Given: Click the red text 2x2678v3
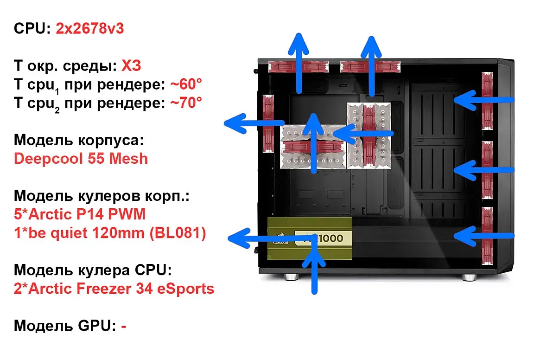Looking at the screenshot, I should [x=89, y=29].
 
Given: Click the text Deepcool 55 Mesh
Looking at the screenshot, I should [x=81, y=159].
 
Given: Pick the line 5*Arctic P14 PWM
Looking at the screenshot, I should [x=79, y=214].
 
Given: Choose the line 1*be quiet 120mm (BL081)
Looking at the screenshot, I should [x=110, y=233].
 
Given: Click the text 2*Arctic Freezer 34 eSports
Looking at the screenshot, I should [x=114, y=289].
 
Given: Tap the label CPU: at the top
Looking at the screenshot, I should [x=32, y=29].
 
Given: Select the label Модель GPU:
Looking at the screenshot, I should [x=64, y=326].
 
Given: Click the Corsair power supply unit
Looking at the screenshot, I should [x=310, y=239].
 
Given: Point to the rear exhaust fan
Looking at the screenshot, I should [x=268, y=123].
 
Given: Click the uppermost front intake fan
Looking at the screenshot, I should [x=487, y=100].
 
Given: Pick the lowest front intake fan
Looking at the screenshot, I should [x=487, y=236].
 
